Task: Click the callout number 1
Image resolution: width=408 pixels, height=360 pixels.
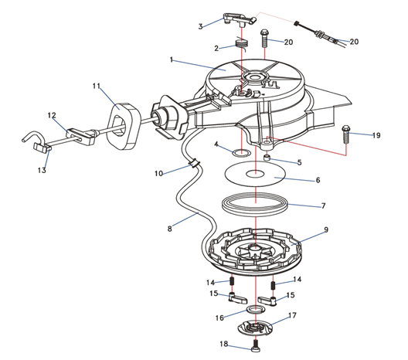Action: [172, 60]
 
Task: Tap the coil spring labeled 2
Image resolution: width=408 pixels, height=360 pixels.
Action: [242, 44]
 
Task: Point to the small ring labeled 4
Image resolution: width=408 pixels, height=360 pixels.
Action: [242, 153]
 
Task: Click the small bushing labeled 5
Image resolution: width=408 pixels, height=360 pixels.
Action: [267, 158]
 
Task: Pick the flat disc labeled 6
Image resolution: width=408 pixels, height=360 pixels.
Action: [255, 174]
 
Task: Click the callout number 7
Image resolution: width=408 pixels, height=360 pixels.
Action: [323, 206]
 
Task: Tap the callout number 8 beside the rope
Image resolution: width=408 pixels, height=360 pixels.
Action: [170, 229]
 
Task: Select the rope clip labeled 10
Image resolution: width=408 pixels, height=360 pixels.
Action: [194, 164]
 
